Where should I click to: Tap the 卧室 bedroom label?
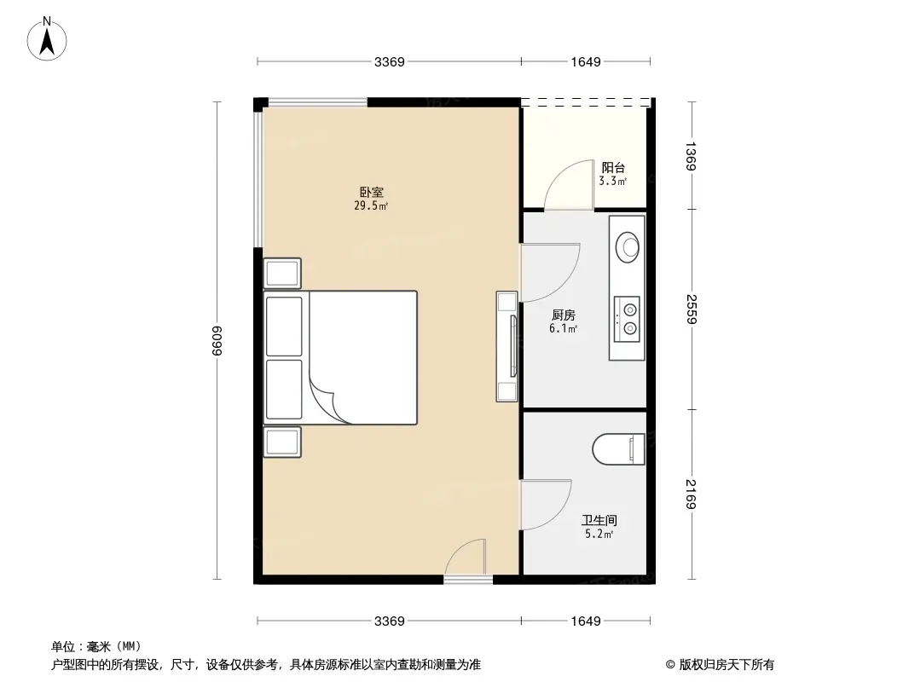(371, 192)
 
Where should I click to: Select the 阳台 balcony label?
(613, 167)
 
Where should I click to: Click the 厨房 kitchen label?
(563, 315)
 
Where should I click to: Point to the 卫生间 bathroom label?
(599, 520)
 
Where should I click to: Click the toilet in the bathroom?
(618, 449)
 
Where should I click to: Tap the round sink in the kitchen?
(628, 247)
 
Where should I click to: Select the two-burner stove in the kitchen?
(628, 319)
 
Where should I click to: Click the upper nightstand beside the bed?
(282, 273)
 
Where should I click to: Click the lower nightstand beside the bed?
(282, 442)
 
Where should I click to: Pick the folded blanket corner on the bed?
(327, 401)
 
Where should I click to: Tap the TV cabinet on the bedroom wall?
(507, 346)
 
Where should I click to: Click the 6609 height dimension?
(217, 341)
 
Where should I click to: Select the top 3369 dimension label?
(389, 61)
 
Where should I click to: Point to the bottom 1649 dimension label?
(586, 621)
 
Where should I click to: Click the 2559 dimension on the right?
(691, 309)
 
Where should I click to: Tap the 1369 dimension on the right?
(691, 156)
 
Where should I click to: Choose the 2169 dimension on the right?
(691, 494)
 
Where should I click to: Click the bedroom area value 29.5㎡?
(371, 205)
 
